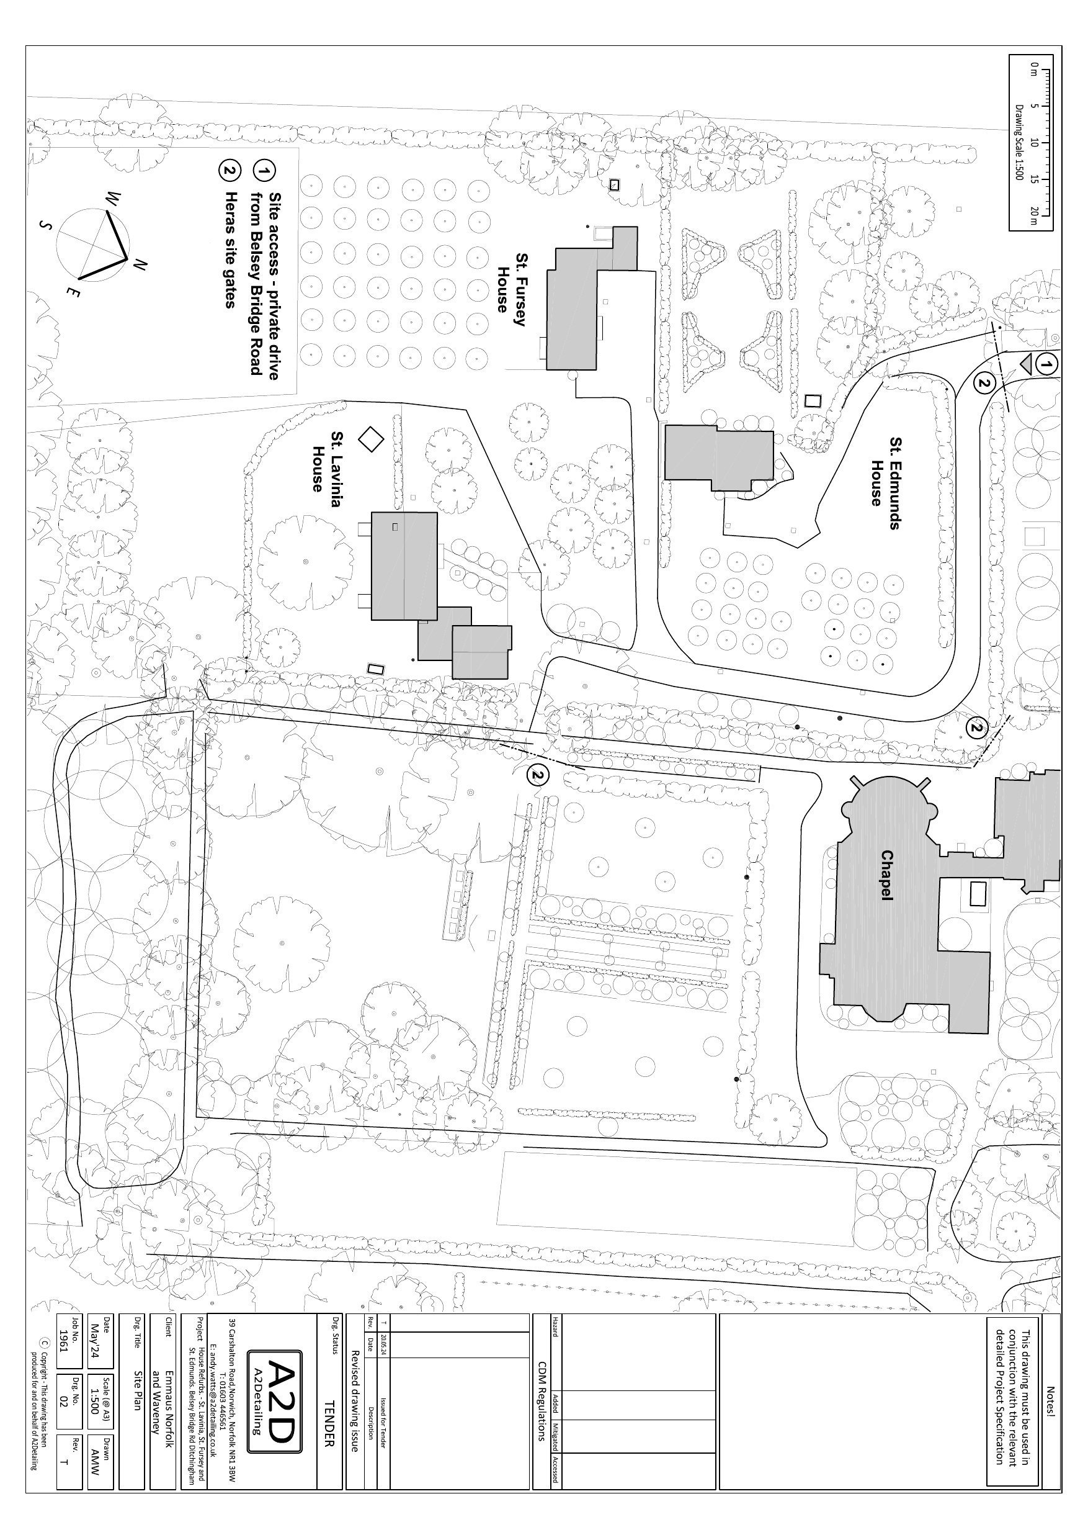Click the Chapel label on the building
point(888,875)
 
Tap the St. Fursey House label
point(512,283)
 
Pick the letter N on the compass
point(139,266)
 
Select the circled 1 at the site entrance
point(1046,364)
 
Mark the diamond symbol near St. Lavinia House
point(369,439)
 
